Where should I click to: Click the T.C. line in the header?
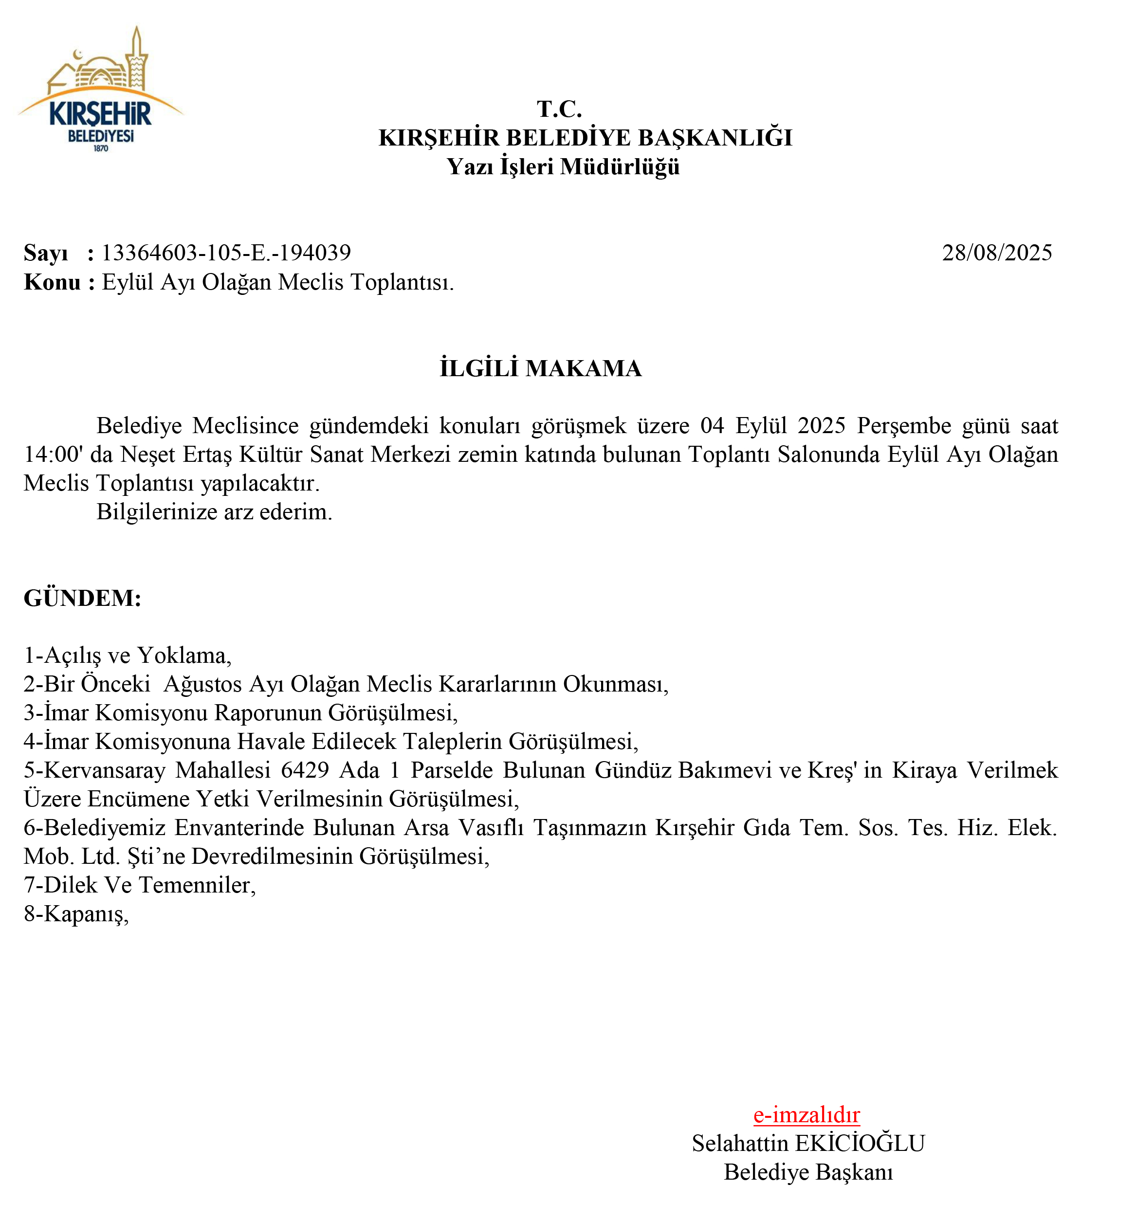[559, 109]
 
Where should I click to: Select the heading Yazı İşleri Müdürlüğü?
[563, 166]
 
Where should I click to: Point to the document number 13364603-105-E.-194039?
[226, 253]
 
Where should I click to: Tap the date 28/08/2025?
[997, 253]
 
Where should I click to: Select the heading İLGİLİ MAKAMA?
[540, 368]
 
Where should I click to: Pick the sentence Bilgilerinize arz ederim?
[214, 511]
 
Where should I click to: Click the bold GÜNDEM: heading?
[82, 598]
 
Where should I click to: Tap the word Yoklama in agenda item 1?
[182, 656]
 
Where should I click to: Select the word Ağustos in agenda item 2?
[200, 684]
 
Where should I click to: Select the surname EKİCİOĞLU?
[860, 1144]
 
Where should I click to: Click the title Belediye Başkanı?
[808, 1172]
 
